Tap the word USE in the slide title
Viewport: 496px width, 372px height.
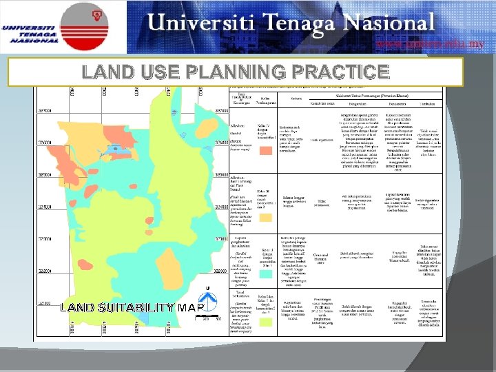[155, 71]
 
